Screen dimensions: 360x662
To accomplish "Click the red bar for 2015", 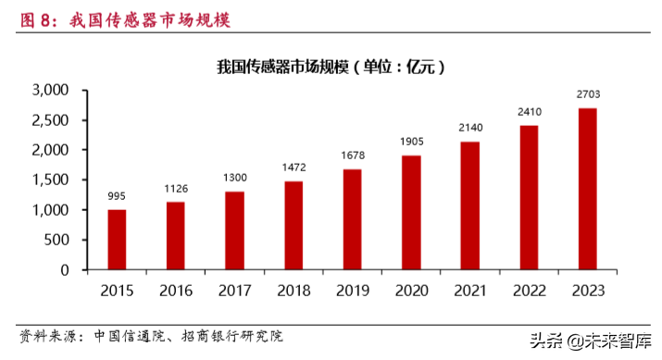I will click(x=117, y=240).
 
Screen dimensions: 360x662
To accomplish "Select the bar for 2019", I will click(x=352, y=219).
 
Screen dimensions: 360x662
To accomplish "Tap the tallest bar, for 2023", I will click(x=587, y=189).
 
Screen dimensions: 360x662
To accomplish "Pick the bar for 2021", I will click(x=469, y=205).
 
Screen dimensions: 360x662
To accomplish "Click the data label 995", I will click(x=117, y=196).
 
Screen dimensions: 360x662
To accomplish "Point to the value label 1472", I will click(x=293, y=168).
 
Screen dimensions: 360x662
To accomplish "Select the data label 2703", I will click(x=587, y=94).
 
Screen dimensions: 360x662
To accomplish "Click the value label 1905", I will click(x=410, y=142).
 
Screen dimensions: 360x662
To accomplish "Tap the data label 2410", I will click(x=529, y=112).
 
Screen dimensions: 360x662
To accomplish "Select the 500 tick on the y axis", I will click(x=57, y=241).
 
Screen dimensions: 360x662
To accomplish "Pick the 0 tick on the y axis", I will click(x=66, y=270).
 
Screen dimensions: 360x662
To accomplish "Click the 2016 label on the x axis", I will click(x=175, y=291).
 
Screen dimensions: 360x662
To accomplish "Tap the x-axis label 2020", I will click(x=410, y=291).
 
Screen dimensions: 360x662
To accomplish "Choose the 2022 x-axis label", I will click(x=529, y=291).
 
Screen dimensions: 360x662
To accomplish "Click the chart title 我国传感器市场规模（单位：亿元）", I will click(x=331, y=67).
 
